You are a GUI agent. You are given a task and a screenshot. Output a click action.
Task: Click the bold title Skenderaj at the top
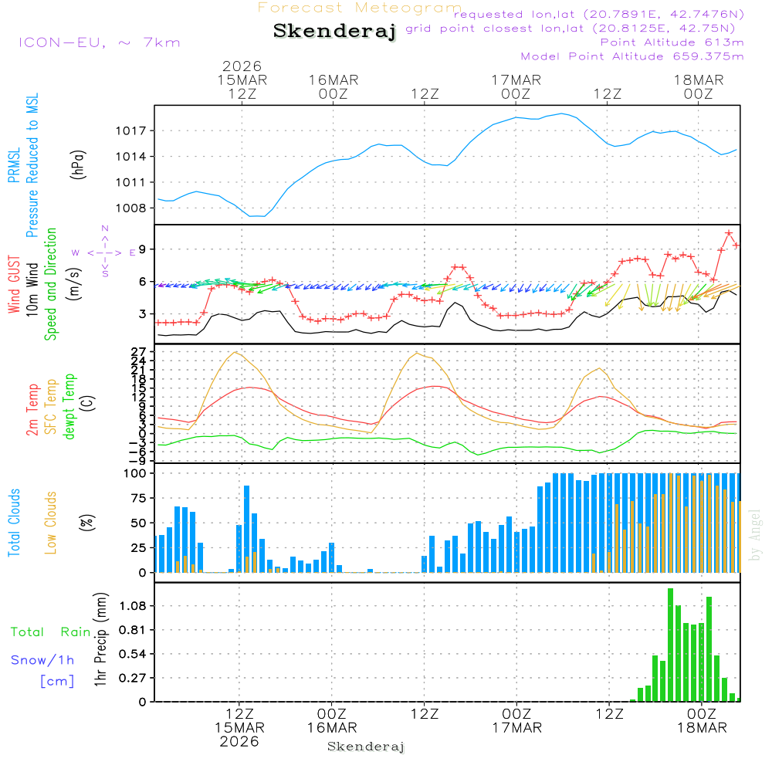334,32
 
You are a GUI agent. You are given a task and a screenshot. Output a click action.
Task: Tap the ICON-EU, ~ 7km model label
99,42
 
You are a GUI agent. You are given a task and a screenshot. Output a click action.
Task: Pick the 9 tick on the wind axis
143,249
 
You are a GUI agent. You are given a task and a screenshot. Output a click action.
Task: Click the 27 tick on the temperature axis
140,352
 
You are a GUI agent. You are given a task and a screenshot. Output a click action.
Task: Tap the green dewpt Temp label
70,407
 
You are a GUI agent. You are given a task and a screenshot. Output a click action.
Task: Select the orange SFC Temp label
52,407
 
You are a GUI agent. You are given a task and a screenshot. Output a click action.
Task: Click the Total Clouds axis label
14,523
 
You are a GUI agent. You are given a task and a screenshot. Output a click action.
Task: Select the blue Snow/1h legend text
43,660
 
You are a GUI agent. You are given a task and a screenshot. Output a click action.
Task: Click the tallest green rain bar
670,645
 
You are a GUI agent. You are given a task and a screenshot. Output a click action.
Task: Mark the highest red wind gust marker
729,232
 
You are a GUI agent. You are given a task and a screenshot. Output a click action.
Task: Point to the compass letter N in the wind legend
104,229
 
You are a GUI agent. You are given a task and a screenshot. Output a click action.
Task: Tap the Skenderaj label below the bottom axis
366,747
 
